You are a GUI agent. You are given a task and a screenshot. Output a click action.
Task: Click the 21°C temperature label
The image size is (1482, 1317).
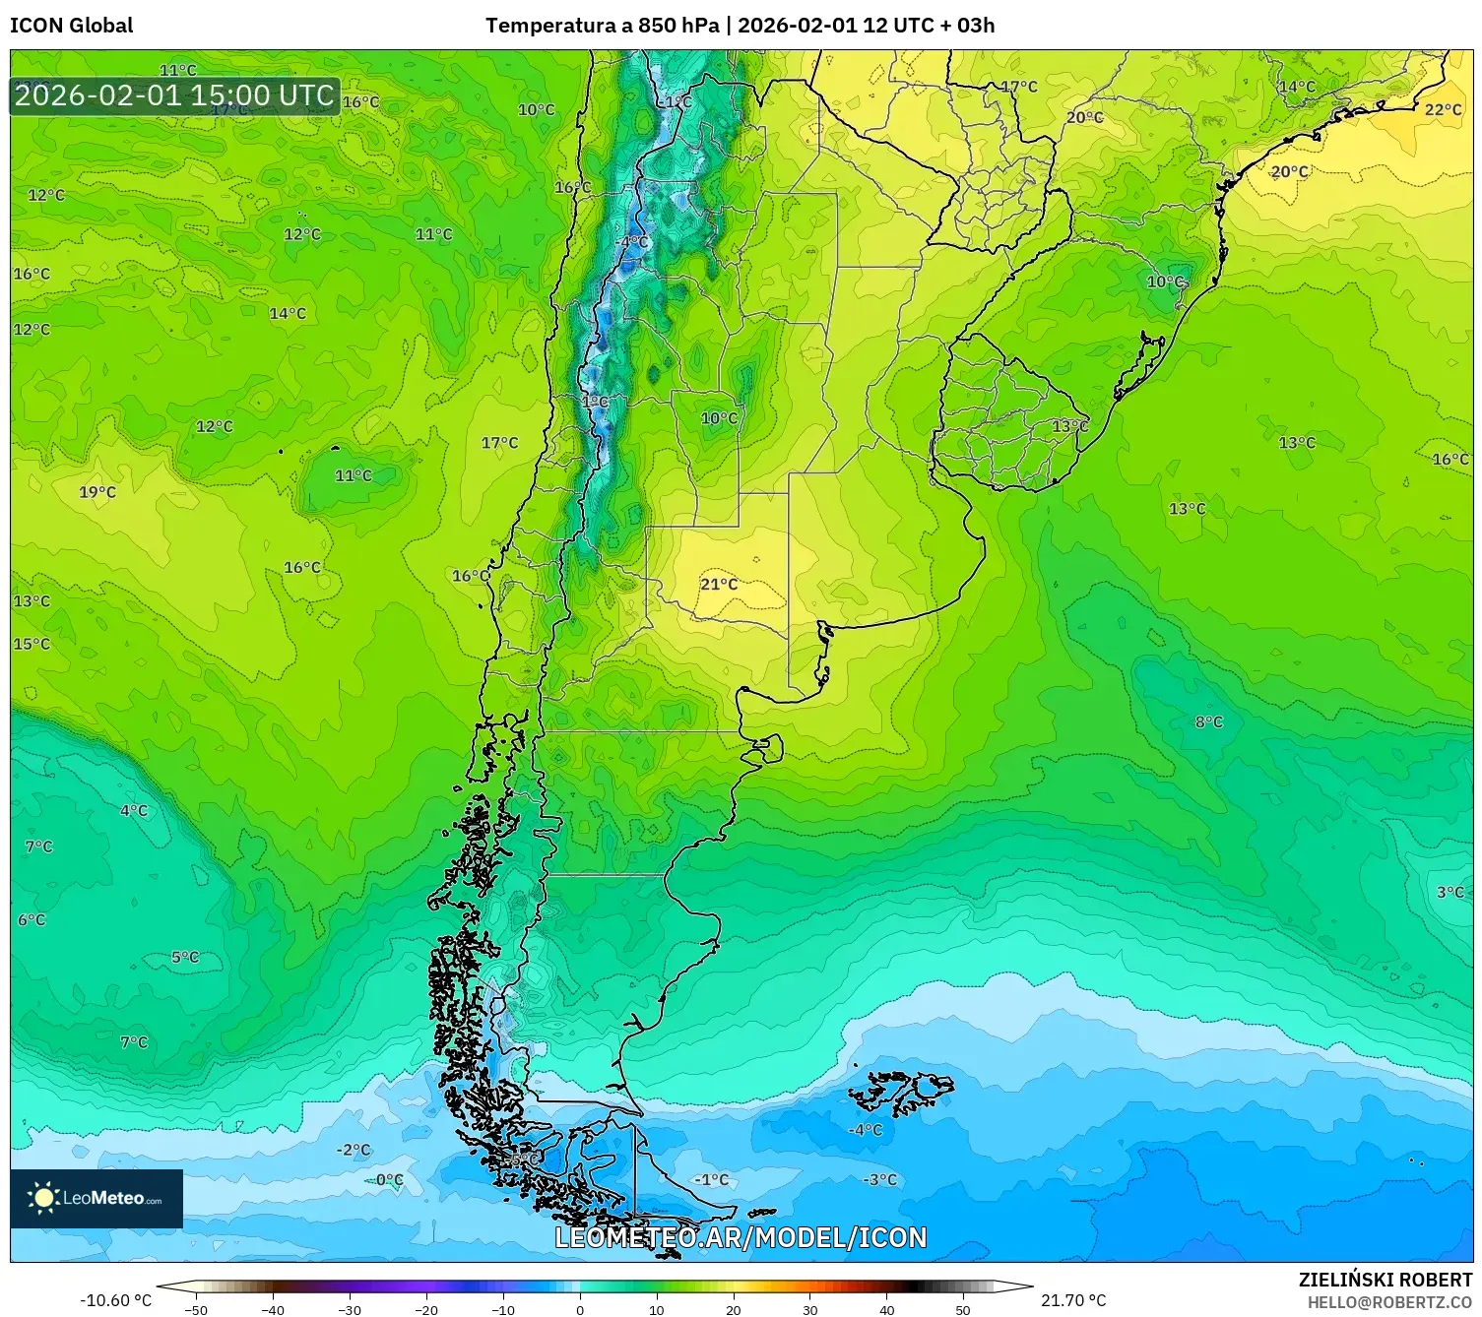pyautogui.click(x=719, y=584)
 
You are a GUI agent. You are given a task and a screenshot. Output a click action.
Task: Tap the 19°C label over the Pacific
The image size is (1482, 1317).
pyautogui.click(x=97, y=492)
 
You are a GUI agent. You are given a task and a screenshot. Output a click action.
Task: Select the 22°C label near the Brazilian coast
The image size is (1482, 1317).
pyautogui.click(x=1443, y=109)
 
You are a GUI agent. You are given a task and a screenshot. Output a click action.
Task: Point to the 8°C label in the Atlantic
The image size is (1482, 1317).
pyautogui.click(x=1209, y=721)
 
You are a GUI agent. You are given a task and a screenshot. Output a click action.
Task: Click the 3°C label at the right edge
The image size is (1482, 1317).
pyautogui.click(x=1450, y=892)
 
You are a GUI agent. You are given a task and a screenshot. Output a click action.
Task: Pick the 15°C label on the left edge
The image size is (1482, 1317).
pyautogui.click(x=32, y=644)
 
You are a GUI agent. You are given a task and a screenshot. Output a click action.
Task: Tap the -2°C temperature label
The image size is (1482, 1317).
pyautogui.click(x=354, y=1150)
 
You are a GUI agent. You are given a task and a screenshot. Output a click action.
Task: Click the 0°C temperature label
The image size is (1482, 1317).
pyautogui.click(x=390, y=1179)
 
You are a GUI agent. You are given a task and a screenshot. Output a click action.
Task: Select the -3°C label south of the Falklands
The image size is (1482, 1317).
pyautogui.click(x=880, y=1179)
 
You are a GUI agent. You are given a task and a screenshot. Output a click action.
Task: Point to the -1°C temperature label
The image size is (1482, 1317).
pyautogui.click(x=711, y=1179)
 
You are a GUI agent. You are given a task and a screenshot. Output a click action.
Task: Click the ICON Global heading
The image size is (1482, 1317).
pyautogui.click(x=72, y=26)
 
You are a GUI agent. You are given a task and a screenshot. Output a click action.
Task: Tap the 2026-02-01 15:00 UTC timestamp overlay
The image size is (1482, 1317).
pyautogui.click(x=174, y=96)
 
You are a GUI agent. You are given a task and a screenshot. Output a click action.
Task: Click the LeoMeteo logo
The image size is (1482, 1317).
pyautogui.click(x=97, y=1198)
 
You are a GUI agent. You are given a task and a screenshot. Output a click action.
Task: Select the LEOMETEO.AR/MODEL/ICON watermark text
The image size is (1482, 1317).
pyautogui.click(x=741, y=1237)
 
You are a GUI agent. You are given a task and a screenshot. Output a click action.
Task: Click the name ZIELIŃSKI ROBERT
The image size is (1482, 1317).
pyautogui.click(x=1385, y=1280)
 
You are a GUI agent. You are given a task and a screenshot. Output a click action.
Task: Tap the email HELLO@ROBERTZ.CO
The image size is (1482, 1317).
pyautogui.click(x=1388, y=1302)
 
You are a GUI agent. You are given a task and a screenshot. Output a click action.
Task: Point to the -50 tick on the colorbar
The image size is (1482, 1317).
pyautogui.click(x=196, y=1309)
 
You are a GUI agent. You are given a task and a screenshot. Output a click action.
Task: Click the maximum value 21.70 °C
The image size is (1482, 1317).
pyautogui.click(x=1073, y=1300)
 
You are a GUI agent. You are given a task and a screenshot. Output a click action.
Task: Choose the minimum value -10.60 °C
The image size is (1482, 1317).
pyautogui.click(x=116, y=1300)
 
